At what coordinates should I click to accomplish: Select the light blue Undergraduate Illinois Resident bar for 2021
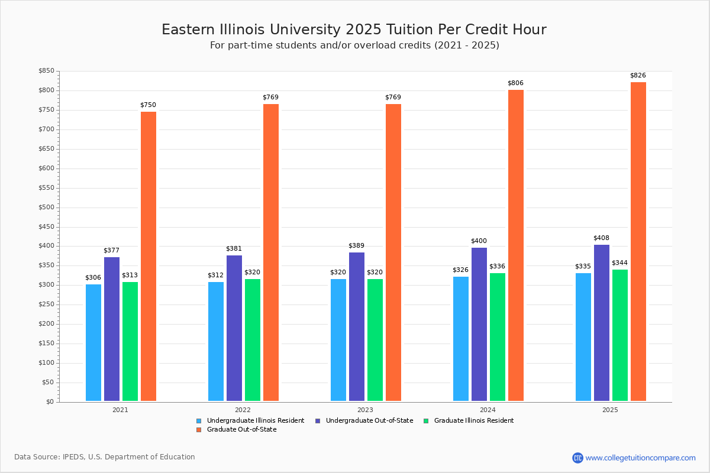pos(93,343)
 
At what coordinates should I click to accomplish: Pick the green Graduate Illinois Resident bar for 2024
pos(498,337)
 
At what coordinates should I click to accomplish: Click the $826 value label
pos(638,76)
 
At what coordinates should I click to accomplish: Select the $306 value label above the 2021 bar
pos(93,278)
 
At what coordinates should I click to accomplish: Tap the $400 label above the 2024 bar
pos(479,241)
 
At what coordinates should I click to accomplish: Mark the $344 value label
pos(619,263)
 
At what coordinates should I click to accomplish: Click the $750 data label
pos(148,105)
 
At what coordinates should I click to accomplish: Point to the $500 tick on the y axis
pos(46,208)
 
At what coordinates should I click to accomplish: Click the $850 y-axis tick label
pos(46,72)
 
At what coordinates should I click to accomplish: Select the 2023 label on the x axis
pos(365,409)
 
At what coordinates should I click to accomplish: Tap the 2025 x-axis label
pos(610,409)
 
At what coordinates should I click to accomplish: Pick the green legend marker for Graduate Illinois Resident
pos(427,421)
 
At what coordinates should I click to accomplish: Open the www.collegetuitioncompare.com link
pos(640,458)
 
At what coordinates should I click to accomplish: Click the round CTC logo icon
pos(577,458)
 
